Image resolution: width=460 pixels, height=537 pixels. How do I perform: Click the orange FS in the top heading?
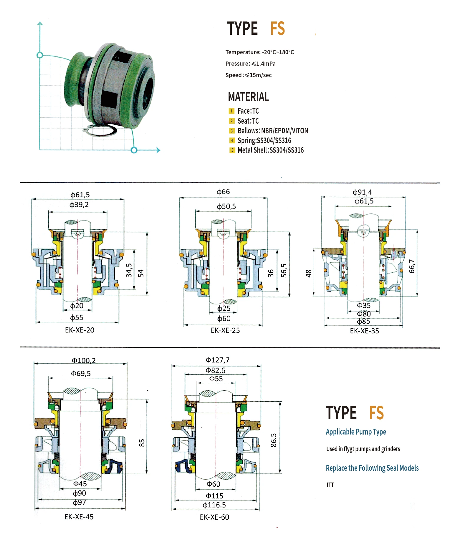tap(277, 29)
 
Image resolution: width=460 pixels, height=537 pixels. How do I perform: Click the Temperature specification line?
tap(259, 52)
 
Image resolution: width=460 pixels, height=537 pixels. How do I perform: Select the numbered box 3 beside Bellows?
tap(232, 131)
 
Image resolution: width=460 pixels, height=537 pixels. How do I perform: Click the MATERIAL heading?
tap(248, 97)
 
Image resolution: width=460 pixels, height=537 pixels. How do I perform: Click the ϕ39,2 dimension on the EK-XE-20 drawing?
tap(79, 205)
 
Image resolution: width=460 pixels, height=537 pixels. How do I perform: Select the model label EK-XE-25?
tap(225, 330)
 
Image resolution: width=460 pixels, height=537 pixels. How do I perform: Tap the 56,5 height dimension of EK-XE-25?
tap(284, 270)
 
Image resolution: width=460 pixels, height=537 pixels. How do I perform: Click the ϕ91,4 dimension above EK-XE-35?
tap(362, 192)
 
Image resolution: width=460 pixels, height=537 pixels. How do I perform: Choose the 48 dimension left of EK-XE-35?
tap(309, 273)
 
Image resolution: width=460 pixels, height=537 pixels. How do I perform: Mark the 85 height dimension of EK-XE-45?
tap(142, 443)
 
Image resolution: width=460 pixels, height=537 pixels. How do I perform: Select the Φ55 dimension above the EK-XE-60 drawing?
tap(216, 379)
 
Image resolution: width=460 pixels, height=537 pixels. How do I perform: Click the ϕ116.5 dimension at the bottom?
tap(214, 505)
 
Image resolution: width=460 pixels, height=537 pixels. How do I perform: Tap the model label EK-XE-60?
tap(214, 517)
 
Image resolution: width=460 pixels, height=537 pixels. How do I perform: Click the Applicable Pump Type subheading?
tap(356, 432)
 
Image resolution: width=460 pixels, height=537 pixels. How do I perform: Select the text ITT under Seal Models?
tap(330, 485)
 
